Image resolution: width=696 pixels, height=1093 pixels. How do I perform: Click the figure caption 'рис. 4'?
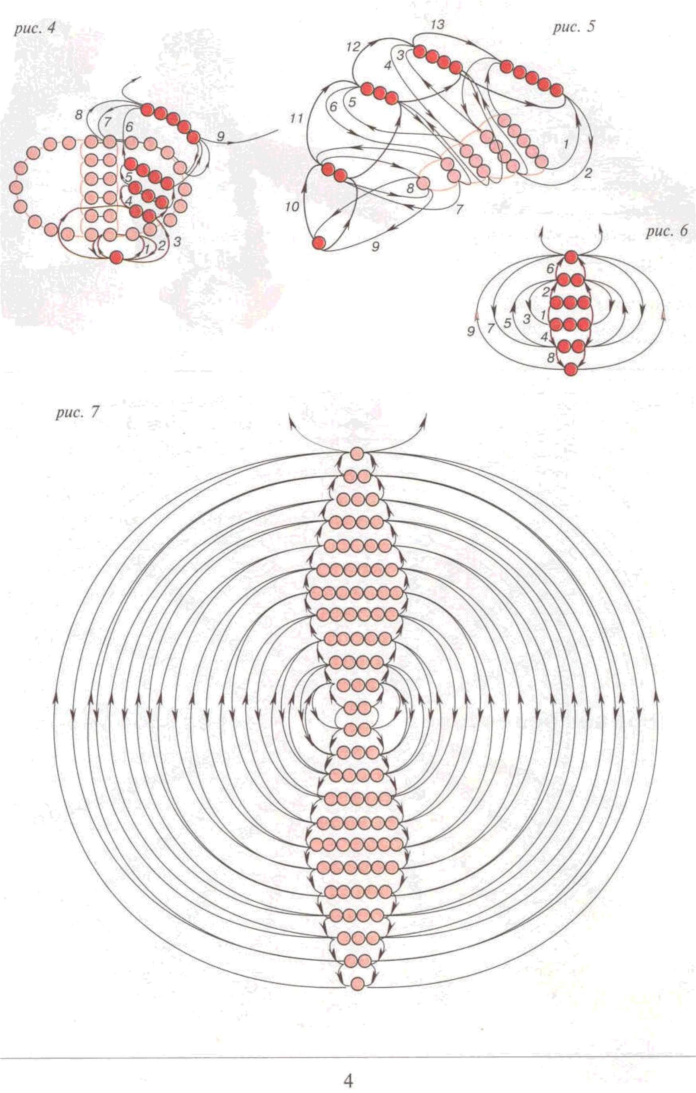[35, 29]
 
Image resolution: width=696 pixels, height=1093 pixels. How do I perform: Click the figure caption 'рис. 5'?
[573, 27]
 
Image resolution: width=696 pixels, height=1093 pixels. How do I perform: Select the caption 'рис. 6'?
[667, 231]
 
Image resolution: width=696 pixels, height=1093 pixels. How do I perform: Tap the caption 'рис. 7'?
[76, 414]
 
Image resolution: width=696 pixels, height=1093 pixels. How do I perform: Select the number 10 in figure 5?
[292, 207]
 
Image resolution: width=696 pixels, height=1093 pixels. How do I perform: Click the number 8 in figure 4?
[79, 115]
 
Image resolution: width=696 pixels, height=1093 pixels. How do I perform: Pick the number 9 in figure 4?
[221, 136]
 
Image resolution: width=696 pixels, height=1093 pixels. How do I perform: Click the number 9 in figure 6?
[471, 331]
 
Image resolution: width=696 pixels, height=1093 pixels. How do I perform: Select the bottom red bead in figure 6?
[571, 369]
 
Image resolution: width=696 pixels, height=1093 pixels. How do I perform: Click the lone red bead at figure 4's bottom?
[117, 257]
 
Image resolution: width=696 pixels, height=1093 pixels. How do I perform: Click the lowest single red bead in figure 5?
[319, 243]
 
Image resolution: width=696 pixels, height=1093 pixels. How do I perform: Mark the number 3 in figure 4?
[177, 242]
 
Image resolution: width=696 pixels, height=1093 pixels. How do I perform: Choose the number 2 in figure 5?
[588, 173]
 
